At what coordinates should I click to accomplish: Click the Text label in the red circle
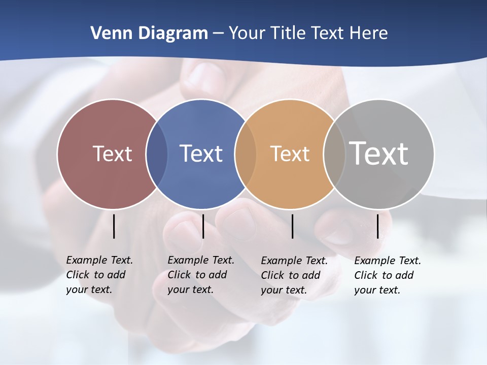pos(112,154)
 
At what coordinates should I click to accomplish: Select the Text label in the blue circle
pos(201,154)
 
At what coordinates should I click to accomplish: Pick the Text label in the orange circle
pos(290,154)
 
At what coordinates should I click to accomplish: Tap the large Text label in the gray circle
pos(379,154)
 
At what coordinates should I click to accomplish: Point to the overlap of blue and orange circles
pos(245,154)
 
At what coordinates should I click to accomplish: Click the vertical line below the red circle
pos(114,226)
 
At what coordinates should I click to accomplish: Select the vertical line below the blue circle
pos(203,226)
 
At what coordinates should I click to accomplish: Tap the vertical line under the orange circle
pos(292,226)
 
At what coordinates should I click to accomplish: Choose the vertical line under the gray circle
pos(377,226)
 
